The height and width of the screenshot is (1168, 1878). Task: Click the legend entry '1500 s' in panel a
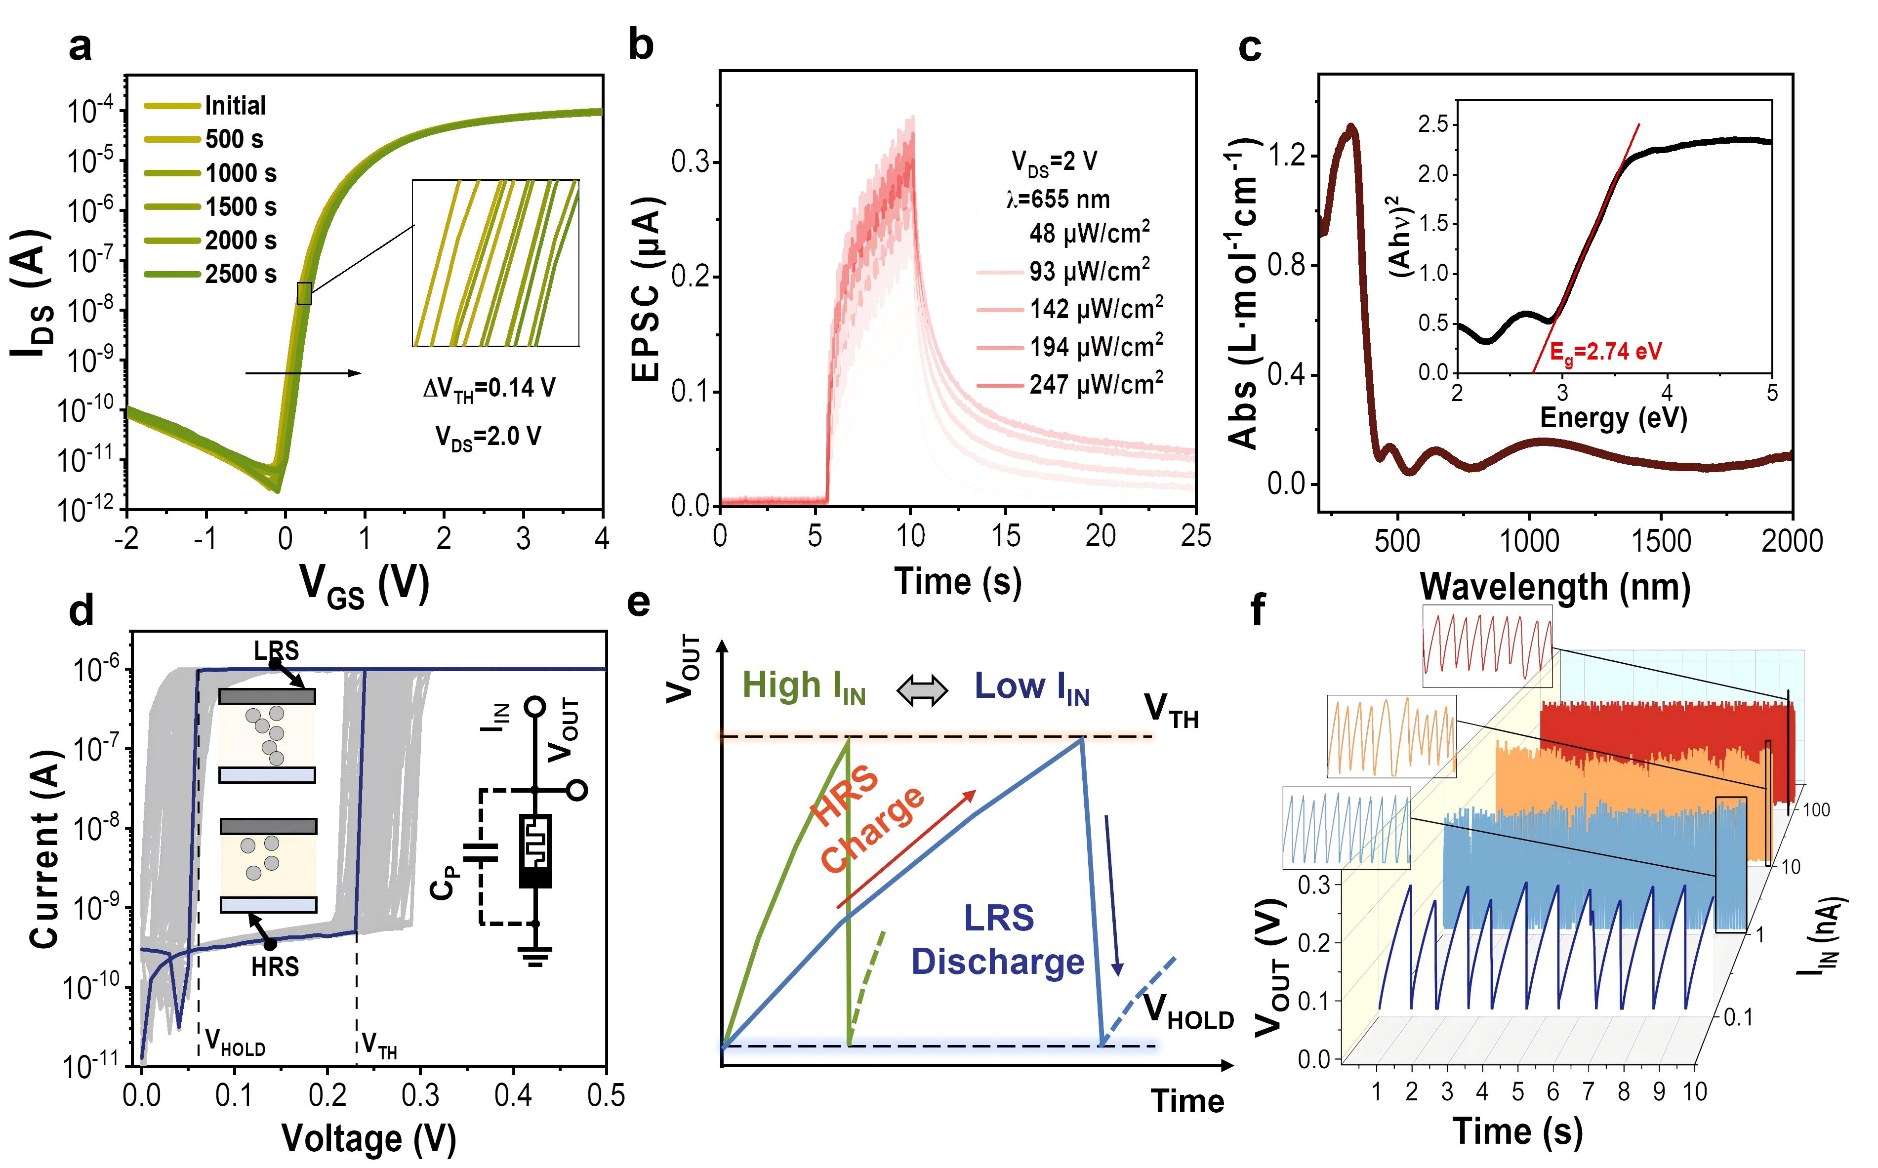pyautogui.click(x=240, y=207)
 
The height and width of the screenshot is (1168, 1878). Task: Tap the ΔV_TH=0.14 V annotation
pyautogui.click(x=489, y=388)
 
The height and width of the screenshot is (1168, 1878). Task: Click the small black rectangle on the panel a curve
pyautogui.click(x=304, y=293)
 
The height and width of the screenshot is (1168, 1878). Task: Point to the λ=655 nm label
pyautogui.click(x=1058, y=200)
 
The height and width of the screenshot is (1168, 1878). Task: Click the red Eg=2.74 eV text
pyautogui.click(x=1605, y=352)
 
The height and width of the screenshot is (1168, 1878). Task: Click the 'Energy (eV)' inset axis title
pyautogui.click(x=1613, y=418)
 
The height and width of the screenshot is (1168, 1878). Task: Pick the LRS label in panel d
pyautogui.click(x=276, y=651)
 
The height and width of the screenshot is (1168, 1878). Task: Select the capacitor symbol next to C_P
pyautogui.click(x=480, y=853)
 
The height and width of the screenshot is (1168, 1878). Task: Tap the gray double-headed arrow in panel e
pyautogui.click(x=922, y=690)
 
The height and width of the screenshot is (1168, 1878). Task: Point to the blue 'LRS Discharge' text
pyautogui.click(x=998, y=940)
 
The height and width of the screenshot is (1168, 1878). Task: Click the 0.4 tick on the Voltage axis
pyautogui.click(x=513, y=1095)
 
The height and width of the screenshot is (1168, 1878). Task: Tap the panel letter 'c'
pyautogui.click(x=1249, y=48)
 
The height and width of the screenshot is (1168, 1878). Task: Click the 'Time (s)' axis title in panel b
pyautogui.click(x=957, y=581)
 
